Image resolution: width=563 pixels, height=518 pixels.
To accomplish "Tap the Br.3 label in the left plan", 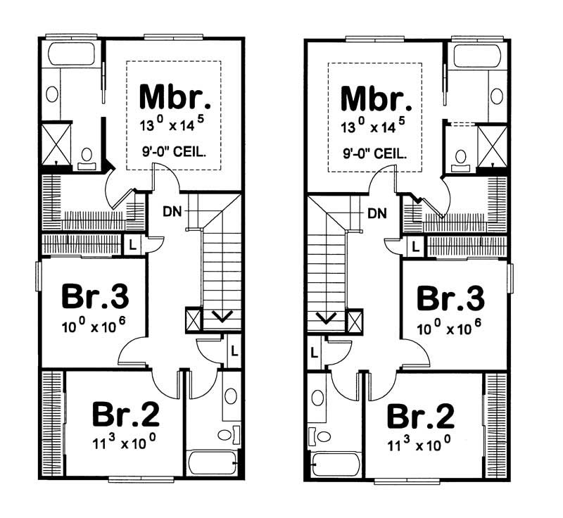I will (x=95, y=297).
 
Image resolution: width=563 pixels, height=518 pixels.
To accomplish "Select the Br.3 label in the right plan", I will (x=451, y=298).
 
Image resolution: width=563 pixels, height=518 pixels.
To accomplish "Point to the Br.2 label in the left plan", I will (x=126, y=415).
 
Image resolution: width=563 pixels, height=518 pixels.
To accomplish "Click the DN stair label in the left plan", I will (x=171, y=210).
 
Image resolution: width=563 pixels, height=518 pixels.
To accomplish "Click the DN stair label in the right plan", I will (x=377, y=212).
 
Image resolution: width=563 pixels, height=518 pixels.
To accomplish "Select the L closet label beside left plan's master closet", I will (x=132, y=244).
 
